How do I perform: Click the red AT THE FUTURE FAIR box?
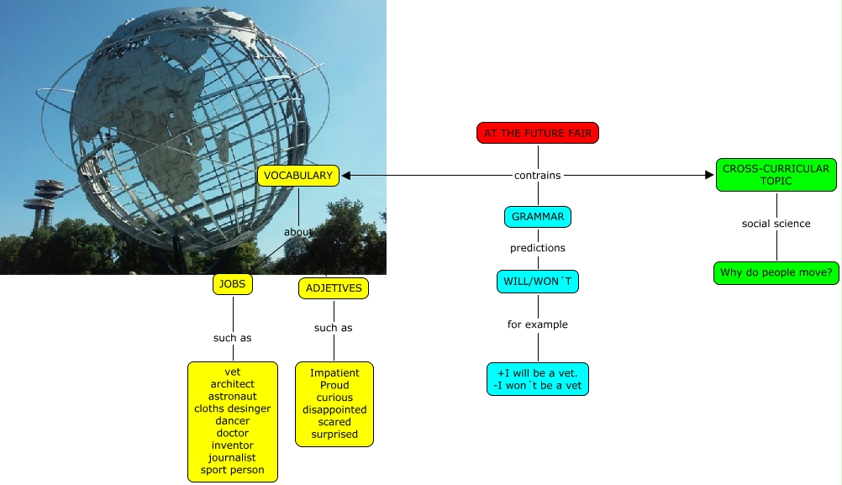537,133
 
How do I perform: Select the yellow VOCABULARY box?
298,176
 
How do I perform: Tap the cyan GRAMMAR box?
538,217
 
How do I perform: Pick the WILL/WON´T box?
538,282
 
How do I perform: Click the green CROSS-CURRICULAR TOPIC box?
776,175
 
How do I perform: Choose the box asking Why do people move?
776,273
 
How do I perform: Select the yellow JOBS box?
233,284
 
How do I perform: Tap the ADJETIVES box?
334,288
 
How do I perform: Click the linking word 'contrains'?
538,176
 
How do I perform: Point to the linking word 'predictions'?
538,248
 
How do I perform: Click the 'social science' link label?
776,224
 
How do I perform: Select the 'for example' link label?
538,324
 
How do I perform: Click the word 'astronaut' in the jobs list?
233,397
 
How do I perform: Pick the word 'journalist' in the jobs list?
233,458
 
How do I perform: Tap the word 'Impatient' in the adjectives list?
334,373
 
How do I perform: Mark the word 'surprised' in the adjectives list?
334,435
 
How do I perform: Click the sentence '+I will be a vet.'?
538,373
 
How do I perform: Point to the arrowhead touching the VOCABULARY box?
345,176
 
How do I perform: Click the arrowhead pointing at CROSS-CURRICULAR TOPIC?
709,176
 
